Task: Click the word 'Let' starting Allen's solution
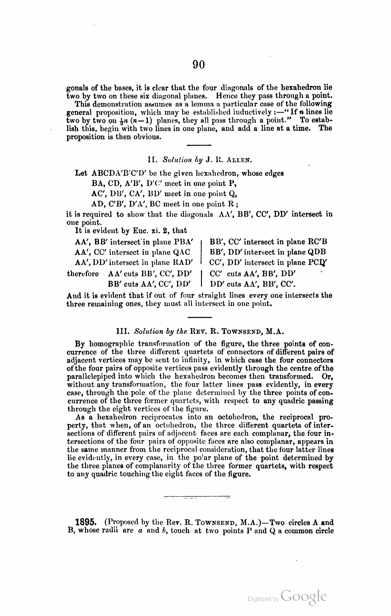click(x=81, y=174)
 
